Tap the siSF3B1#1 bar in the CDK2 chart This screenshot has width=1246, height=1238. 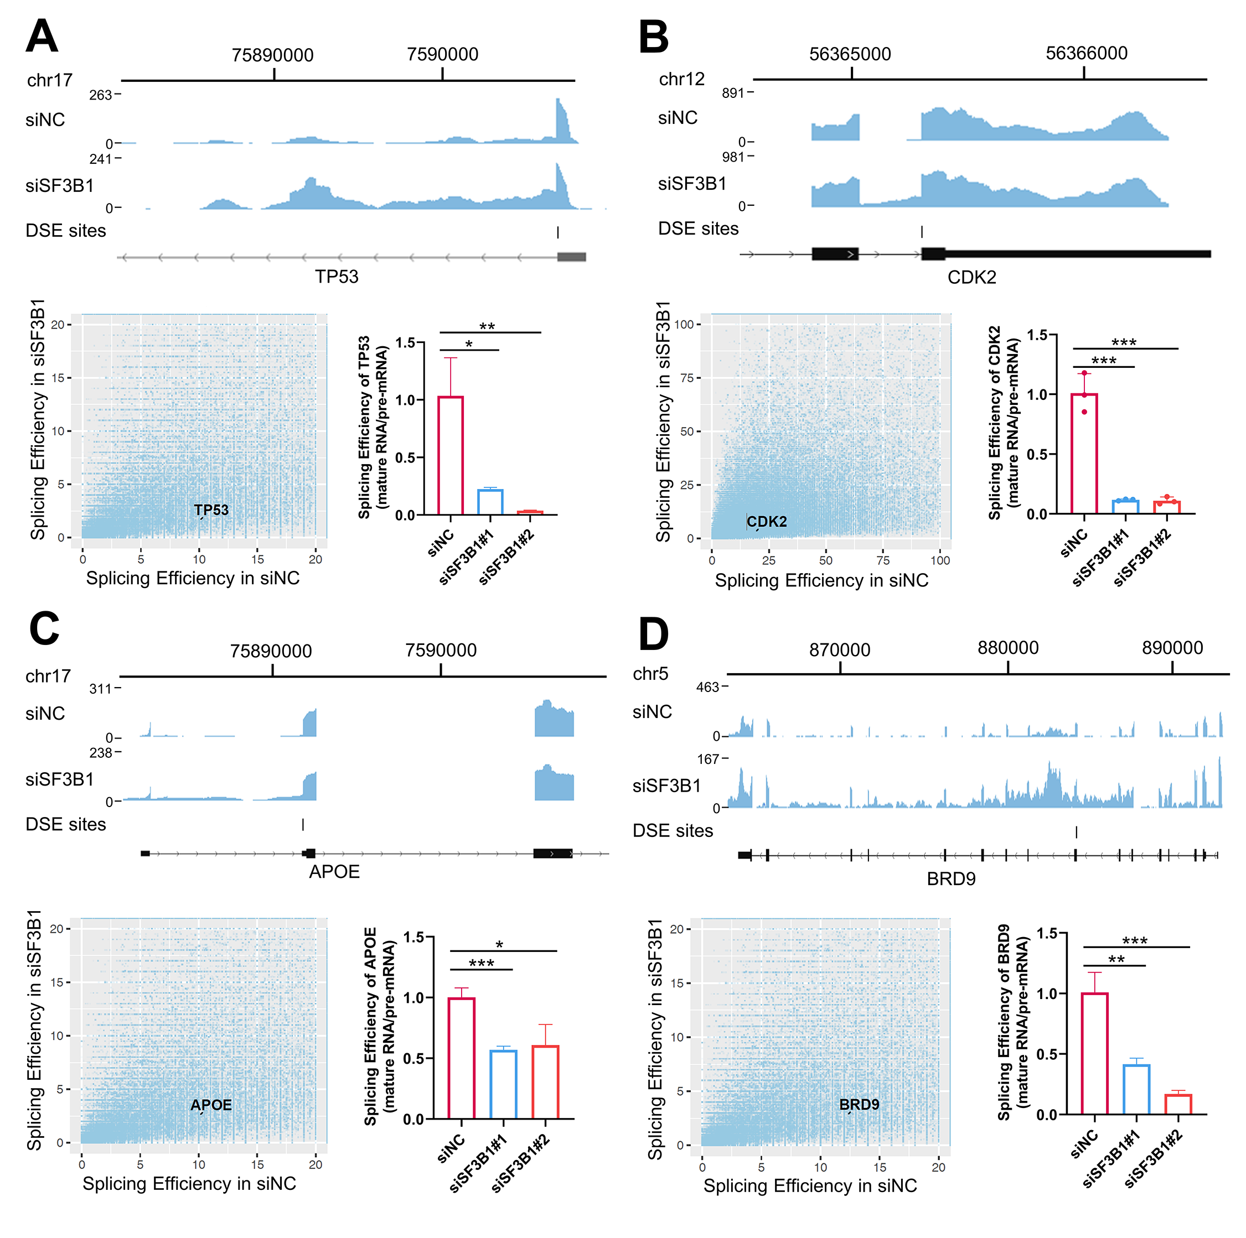1125,506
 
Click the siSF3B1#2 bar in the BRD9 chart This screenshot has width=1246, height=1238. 1177,1104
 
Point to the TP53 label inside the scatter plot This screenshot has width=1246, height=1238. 211,510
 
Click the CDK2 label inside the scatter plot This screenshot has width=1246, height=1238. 767,521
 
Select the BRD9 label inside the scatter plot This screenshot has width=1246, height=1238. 859,1105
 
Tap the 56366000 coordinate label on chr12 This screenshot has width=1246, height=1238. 1086,53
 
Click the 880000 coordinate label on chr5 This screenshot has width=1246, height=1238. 1007,648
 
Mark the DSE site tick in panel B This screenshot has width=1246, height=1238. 922,231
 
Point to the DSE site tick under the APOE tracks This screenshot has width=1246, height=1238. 302,824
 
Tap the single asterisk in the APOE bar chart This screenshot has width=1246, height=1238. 499,945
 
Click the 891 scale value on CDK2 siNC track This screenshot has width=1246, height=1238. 733,93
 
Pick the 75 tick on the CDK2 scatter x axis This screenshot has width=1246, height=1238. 882,560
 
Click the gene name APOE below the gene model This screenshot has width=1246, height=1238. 334,871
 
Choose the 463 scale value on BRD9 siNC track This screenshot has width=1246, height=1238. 707,687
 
